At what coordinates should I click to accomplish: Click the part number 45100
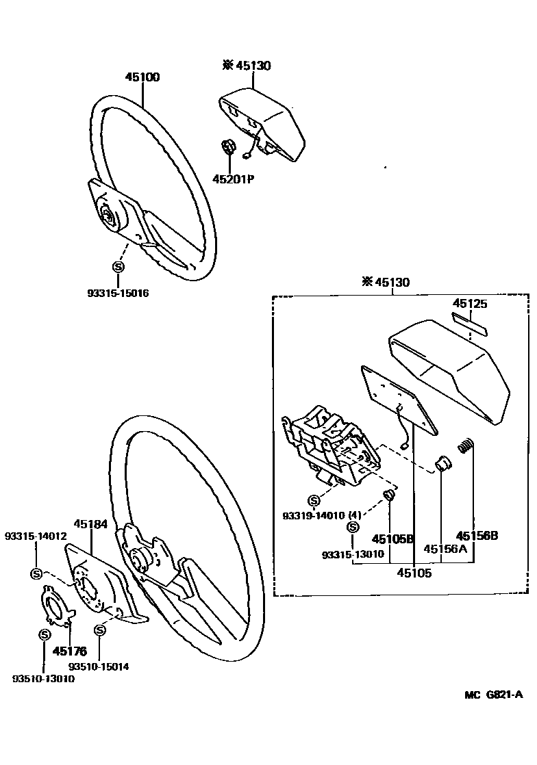[x=142, y=77]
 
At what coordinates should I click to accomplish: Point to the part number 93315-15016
[x=118, y=293]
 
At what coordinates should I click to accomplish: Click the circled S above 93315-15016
[x=117, y=266]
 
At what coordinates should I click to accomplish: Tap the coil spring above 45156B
[x=466, y=445]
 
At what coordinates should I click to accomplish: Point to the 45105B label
[x=393, y=539]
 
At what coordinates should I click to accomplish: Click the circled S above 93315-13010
[x=353, y=527]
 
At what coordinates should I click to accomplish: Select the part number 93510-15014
[x=99, y=665]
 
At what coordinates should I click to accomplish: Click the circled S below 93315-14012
[x=36, y=573]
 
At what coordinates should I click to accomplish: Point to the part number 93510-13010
[x=43, y=679]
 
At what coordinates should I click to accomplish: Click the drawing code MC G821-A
[x=493, y=695]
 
